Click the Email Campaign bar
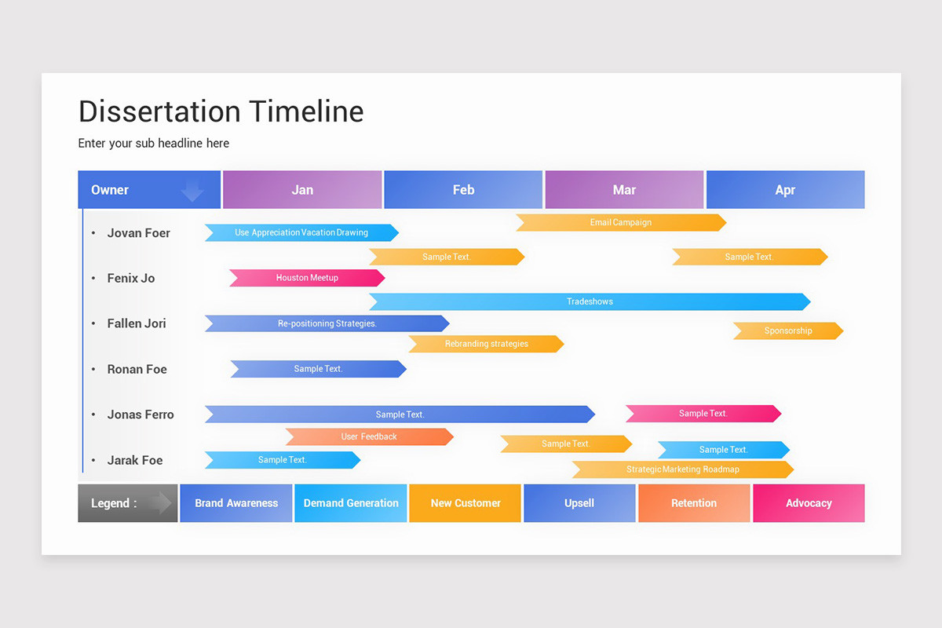620,223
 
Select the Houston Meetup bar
307,278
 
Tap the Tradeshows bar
590,301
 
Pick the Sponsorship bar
788,331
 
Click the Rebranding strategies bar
486,344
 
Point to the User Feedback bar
369,436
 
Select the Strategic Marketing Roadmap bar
682,469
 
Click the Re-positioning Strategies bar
327,323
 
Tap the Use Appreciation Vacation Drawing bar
301,232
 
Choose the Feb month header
463,190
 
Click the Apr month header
785,190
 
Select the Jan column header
302,190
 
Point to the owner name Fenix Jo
131,278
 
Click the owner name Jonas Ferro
141,414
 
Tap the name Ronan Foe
137,369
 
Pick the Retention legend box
694,503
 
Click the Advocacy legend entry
809,503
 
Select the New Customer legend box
465,503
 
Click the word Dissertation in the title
159,111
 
